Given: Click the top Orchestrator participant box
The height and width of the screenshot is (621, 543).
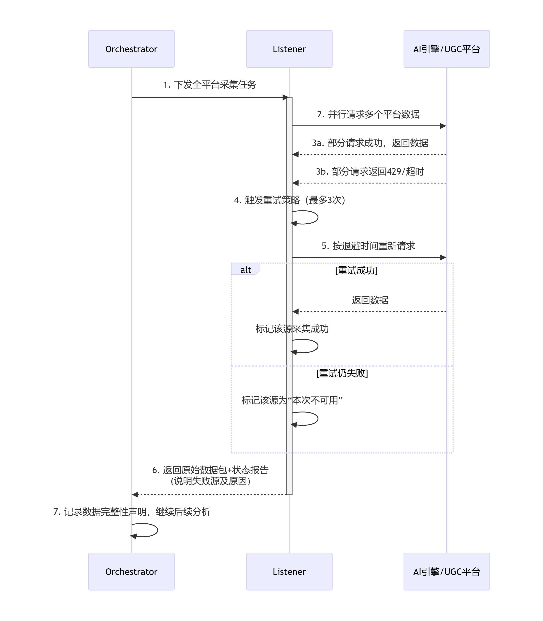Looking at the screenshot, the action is coord(131,49).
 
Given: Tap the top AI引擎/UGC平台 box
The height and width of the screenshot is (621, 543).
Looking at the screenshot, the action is coord(447,49).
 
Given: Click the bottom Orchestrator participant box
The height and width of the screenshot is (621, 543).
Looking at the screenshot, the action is coord(131,571).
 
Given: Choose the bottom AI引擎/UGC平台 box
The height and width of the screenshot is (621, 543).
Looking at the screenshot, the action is coord(447,571).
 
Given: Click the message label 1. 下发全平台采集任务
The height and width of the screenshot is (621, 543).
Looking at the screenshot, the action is coord(210,84).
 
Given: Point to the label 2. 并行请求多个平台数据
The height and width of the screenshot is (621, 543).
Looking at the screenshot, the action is coord(368,114).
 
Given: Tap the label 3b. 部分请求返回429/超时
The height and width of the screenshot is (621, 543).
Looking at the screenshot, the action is coord(370,171).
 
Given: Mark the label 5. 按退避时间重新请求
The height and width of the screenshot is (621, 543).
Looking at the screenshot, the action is coord(368,246).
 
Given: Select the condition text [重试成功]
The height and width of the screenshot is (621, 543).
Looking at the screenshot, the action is coord(356,270).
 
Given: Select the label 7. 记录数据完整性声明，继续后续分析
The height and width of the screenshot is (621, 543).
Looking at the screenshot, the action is coord(132,512).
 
